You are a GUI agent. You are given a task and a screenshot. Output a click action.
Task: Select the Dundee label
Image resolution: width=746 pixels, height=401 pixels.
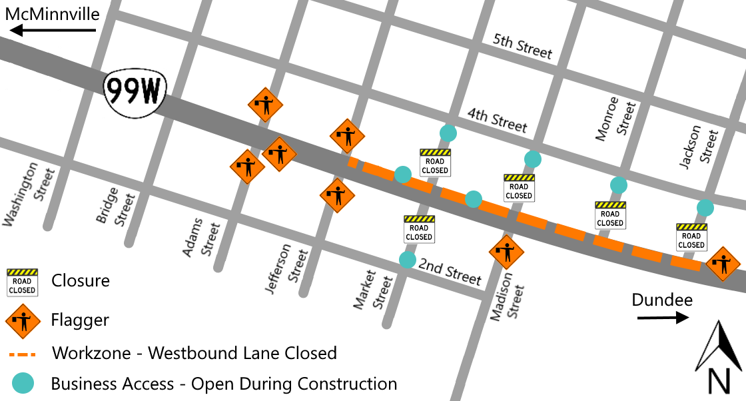[x=662, y=300]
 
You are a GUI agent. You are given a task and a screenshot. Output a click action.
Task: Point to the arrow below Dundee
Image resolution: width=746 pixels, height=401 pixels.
[x=663, y=318]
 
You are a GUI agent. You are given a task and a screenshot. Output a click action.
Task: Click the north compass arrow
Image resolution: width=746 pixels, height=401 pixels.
[x=718, y=346]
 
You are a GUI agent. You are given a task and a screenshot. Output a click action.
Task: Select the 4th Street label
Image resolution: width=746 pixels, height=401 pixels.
[x=497, y=120]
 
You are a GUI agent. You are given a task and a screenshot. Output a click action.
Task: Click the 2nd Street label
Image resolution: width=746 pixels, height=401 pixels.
[x=450, y=272]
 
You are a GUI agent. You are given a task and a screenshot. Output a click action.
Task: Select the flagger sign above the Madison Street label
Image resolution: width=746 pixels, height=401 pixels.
[x=506, y=252]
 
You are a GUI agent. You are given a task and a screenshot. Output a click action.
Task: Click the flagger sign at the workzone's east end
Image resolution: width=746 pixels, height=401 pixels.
[x=723, y=264]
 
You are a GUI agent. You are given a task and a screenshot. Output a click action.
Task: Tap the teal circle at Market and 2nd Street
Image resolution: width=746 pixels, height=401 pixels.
[x=407, y=259]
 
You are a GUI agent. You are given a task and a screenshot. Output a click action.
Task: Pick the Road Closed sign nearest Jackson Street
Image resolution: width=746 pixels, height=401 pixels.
[x=691, y=236]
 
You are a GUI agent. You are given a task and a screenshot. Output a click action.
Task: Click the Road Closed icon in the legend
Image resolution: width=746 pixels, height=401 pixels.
[x=22, y=282]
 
